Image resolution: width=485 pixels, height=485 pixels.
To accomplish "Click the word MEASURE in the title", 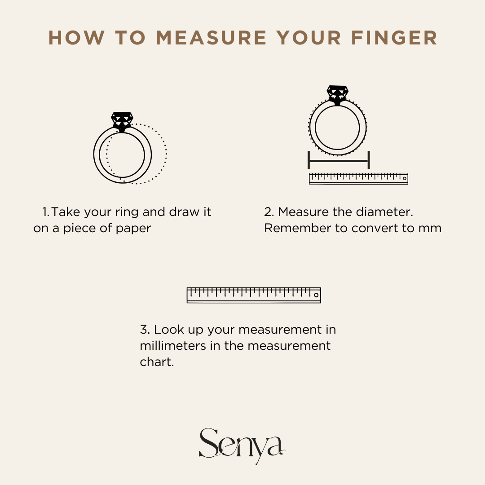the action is [x=211, y=38].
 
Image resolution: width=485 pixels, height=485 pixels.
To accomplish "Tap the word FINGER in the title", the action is [x=394, y=38].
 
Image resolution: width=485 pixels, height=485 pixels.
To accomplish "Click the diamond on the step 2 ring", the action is [x=337, y=95].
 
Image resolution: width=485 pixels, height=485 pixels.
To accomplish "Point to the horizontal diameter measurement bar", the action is [x=339, y=160].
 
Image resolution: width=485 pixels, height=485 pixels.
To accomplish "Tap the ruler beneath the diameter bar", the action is [x=358, y=178].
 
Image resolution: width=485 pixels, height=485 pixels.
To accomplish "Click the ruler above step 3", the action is [x=254, y=295].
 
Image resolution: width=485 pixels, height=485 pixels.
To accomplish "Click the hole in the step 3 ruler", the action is [x=316, y=295].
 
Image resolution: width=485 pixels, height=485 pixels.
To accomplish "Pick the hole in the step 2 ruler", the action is [x=404, y=178].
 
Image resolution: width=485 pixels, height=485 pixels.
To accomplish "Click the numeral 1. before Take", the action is [x=45, y=212].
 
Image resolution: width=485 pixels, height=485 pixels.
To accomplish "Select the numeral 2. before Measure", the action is [x=269, y=212].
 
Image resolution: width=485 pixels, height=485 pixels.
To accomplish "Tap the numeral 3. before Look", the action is [x=145, y=330].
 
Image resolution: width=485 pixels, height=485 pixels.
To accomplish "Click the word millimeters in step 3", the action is [x=173, y=345].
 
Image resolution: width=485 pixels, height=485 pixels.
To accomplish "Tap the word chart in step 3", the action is [x=157, y=362].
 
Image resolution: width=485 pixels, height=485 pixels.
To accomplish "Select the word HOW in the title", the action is [x=76, y=38].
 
